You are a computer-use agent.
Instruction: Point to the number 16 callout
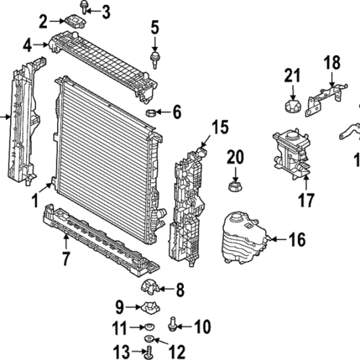pos(297,239)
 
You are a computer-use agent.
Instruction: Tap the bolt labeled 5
pos(154,57)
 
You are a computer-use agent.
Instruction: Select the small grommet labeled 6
pos(152,112)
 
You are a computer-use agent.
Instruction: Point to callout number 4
pos(27,45)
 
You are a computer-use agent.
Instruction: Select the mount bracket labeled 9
pos(151,309)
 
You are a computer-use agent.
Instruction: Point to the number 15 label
pos(219,128)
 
